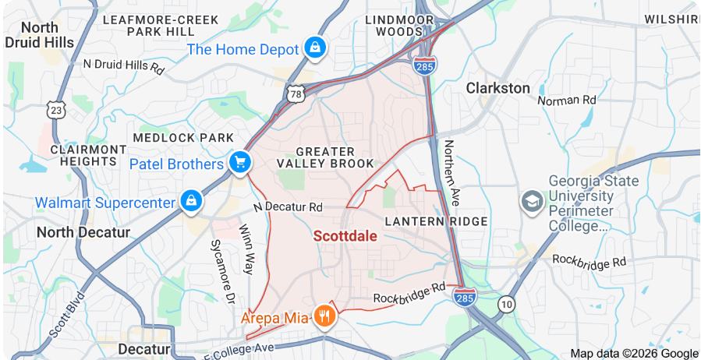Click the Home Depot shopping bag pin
tap(314, 48)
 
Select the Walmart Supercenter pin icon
tap(190, 201)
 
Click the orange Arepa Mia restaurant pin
tap(324, 316)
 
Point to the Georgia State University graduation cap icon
tap(533, 201)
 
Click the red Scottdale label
tap(345, 235)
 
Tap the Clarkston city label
tap(497, 88)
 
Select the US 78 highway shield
tap(296, 94)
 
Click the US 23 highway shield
tap(55, 111)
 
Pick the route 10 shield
tap(508, 303)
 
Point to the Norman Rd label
tap(567, 100)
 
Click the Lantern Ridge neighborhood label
tap(436, 221)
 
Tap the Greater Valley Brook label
tap(326, 157)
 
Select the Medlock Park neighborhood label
tap(183, 138)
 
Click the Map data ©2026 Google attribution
tap(634, 353)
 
